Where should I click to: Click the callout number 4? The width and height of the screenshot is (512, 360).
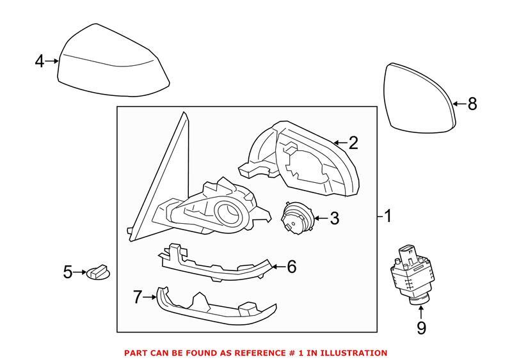(x=40, y=61)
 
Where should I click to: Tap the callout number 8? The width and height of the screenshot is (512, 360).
(x=472, y=104)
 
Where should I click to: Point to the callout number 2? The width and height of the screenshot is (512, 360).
(x=353, y=143)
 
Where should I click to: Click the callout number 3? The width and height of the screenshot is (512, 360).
(x=333, y=219)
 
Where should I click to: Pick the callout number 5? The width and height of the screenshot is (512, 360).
(x=68, y=273)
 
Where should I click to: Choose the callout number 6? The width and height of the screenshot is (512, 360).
(x=291, y=267)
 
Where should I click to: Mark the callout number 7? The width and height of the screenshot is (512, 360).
(x=136, y=296)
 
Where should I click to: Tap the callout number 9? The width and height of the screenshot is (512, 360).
(x=420, y=329)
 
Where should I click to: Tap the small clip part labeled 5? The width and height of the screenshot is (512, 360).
(x=97, y=273)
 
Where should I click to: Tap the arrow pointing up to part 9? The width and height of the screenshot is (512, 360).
(x=420, y=311)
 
